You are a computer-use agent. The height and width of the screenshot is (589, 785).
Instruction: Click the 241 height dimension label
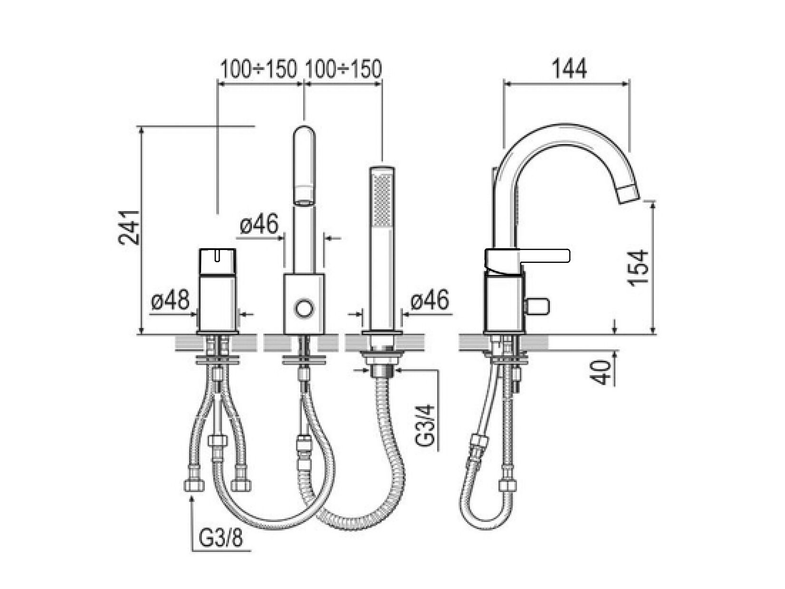129,228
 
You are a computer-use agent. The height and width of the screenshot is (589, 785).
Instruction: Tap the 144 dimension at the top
569,68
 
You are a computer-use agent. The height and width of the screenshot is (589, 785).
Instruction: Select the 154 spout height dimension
638,268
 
